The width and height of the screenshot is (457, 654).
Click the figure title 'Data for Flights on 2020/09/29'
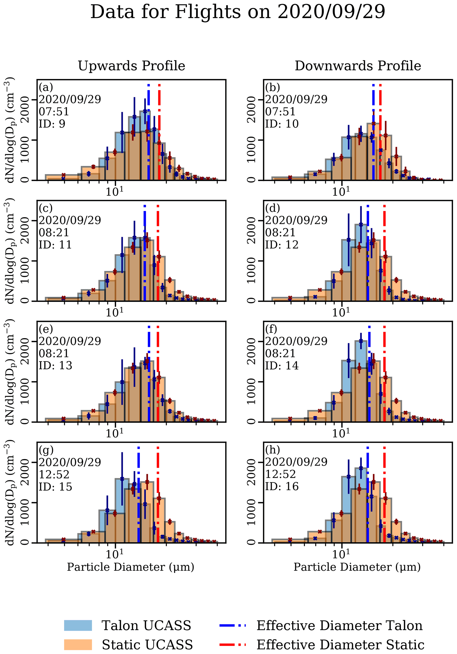[x=238, y=12]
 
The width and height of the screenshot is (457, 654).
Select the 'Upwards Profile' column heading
[x=131, y=66]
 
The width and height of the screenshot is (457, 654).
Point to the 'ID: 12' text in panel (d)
[x=281, y=245]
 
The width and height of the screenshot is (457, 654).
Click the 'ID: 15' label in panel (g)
[x=55, y=486]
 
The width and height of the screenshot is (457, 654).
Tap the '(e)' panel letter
[x=46, y=329]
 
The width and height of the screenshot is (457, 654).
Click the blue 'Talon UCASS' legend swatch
[x=78, y=625]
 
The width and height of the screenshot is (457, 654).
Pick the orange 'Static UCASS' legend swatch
[x=78, y=644]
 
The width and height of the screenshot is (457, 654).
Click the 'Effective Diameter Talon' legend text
[x=339, y=625]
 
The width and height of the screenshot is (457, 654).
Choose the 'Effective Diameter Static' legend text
[x=340, y=644]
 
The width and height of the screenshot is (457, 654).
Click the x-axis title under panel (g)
[x=130, y=567]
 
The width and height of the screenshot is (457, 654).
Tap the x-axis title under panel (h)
[x=357, y=567]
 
